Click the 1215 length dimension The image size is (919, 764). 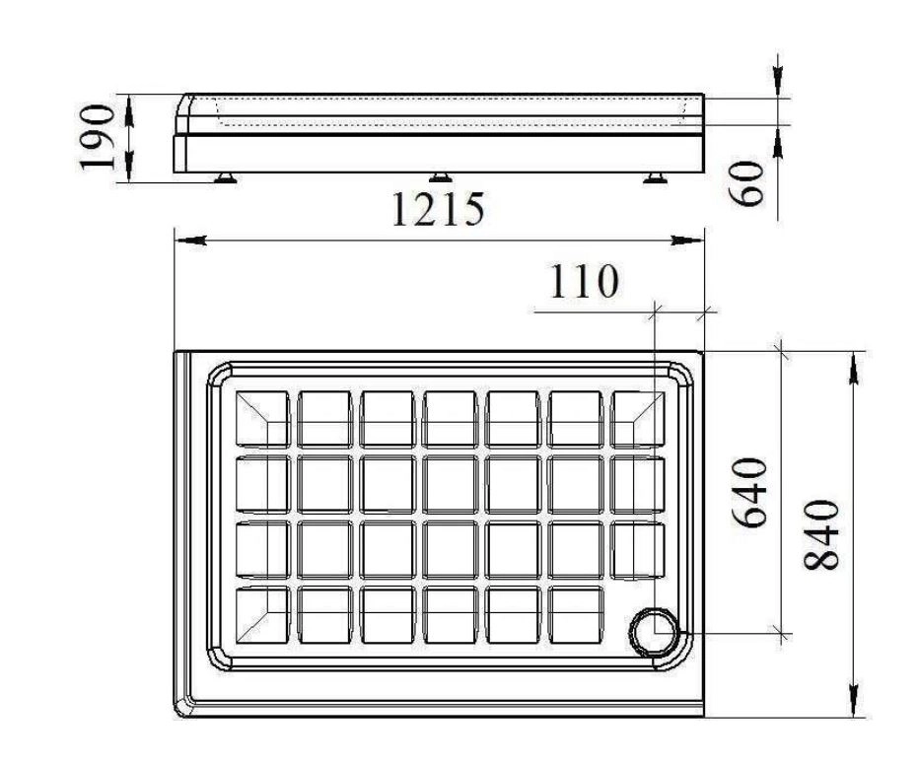pyautogui.click(x=438, y=209)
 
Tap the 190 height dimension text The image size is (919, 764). pyautogui.click(x=97, y=137)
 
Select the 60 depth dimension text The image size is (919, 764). pyautogui.click(x=747, y=183)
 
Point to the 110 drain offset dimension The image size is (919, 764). pyautogui.click(x=584, y=281)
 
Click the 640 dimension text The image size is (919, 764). pyautogui.click(x=749, y=493)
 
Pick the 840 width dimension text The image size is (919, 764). pyautogui.click(x=821, y=535)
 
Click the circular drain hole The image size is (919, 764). pyautogui.click(x=654, y=633)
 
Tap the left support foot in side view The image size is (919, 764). pyautogui.click(x=225, y=177)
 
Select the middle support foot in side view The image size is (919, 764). pyautogui.click(x=440, y=177)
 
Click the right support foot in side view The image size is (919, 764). pyautogui.click(x=655, y=177)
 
